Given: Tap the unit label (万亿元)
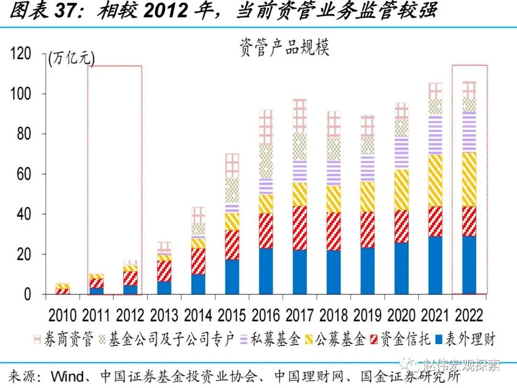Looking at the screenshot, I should pos(72,58).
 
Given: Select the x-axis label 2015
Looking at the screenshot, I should pos(232,316).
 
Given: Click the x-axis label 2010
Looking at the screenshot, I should pos(63,316).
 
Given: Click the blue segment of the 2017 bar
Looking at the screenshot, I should pos(300,271).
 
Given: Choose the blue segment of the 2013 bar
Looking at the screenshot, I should pos(164,288).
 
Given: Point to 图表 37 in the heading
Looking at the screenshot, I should pos(40,11).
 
